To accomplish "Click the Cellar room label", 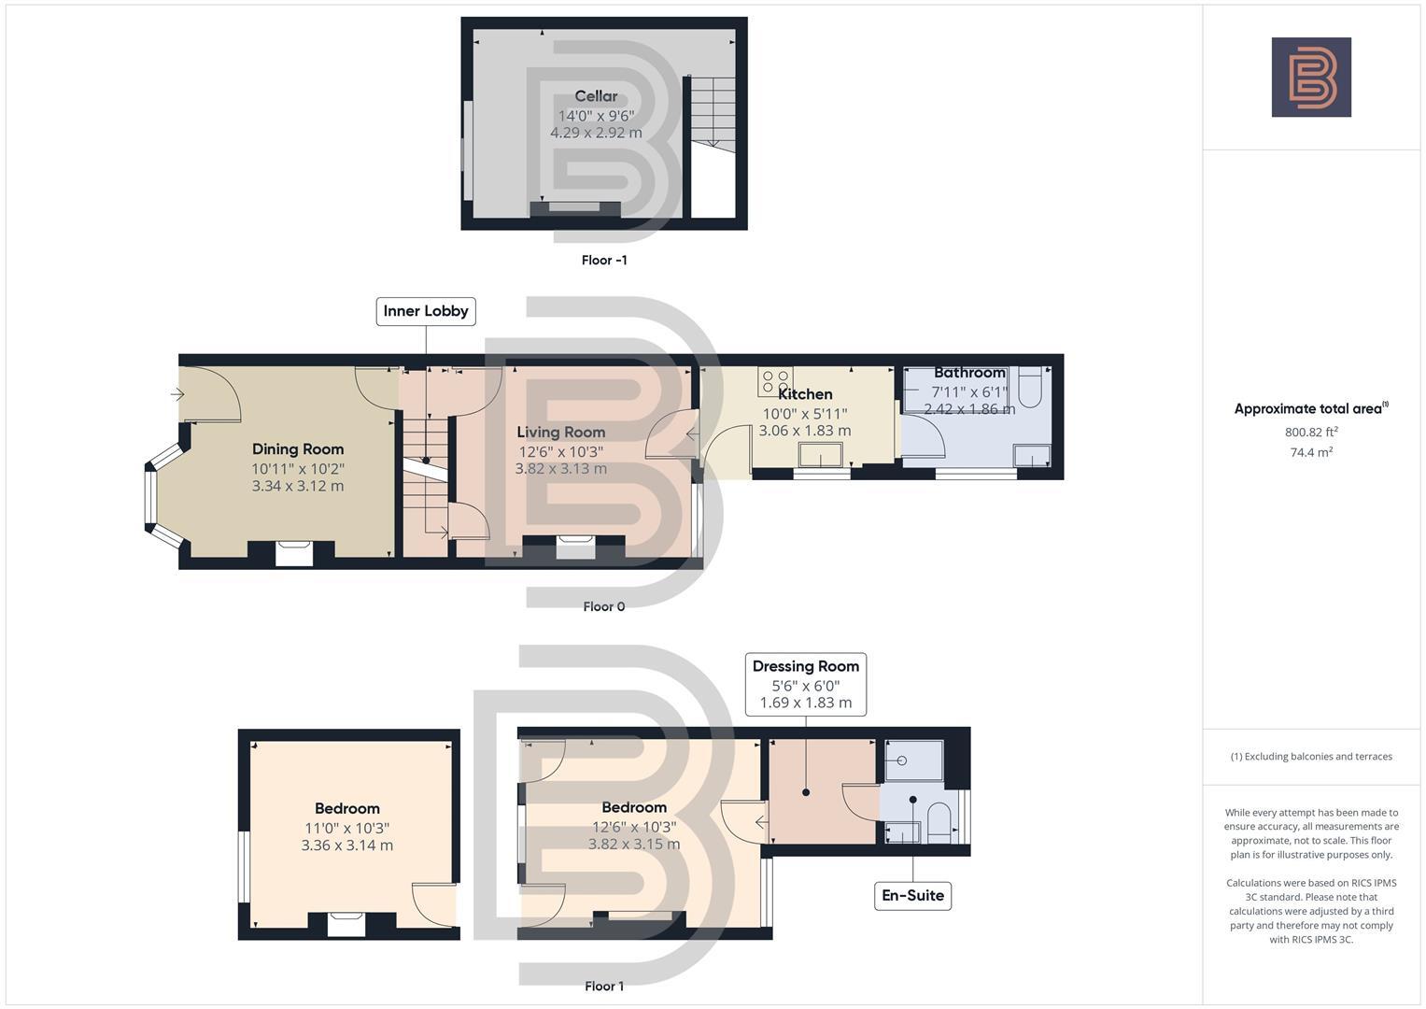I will click(596, 96).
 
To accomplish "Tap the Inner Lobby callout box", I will click(426, 311).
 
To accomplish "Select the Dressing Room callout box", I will click(805, 684).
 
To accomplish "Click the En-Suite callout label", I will click(912, 895).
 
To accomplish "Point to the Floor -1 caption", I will click(604, 260).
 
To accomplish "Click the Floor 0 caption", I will click(603, 606).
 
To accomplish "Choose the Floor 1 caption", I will click(603, 986).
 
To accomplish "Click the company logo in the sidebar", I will click(1311, 78).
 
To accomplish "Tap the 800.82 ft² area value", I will click(1311, 432).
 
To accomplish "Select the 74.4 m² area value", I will click(1311, 452).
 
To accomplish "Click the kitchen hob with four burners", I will click(775, 381).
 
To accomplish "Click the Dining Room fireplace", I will click(294, 552).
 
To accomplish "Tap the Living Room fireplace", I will click(575, 547).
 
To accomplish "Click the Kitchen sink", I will click(820, 455).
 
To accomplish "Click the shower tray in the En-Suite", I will click(911, 760).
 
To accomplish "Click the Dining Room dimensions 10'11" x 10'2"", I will click(298, 468).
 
